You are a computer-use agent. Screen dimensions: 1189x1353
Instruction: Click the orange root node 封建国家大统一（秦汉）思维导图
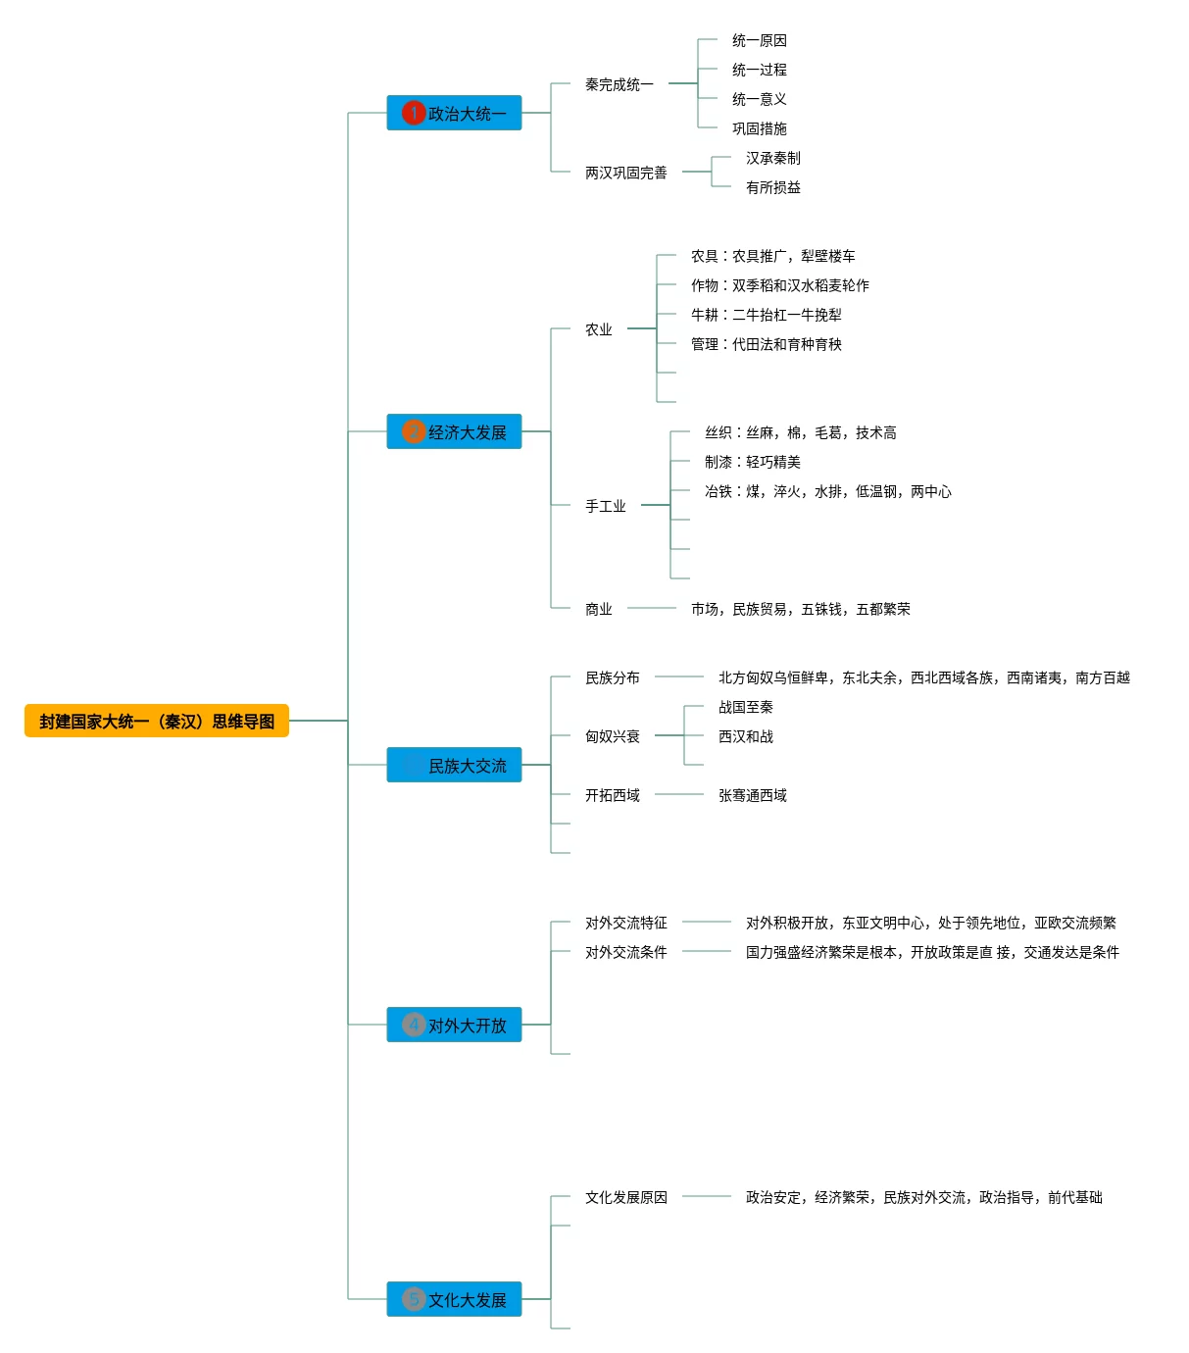tap(157, 721)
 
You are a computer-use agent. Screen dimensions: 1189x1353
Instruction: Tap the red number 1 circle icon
tap(414, 113)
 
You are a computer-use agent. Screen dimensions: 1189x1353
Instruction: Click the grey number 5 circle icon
tap(414, 1299)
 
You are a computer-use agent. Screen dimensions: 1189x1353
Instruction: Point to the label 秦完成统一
tap(619, 84)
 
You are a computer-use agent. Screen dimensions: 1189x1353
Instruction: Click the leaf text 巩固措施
tap(759, 128)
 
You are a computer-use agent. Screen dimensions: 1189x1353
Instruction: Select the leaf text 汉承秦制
tap(772, 158)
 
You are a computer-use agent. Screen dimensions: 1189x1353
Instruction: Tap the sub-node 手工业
tap(605, 506)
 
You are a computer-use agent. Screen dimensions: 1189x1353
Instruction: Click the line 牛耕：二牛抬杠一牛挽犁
tap(766, 315)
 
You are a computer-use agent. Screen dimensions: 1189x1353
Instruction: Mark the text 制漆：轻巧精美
tap(752, 462)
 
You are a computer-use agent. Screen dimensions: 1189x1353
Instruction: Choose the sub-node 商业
tap(598, 609)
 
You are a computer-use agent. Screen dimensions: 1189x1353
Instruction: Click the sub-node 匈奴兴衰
tap(612, 736)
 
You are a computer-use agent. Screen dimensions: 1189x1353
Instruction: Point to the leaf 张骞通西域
tap(752, 795)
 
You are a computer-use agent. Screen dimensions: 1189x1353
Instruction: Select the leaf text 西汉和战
tap(745, 736)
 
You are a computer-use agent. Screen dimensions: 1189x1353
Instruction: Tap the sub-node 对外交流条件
tap(625, 952)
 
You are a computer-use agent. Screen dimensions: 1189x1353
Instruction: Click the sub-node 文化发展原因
tap(625, 1197)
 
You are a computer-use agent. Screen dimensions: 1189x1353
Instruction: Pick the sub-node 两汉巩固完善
tap(625, 173)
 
